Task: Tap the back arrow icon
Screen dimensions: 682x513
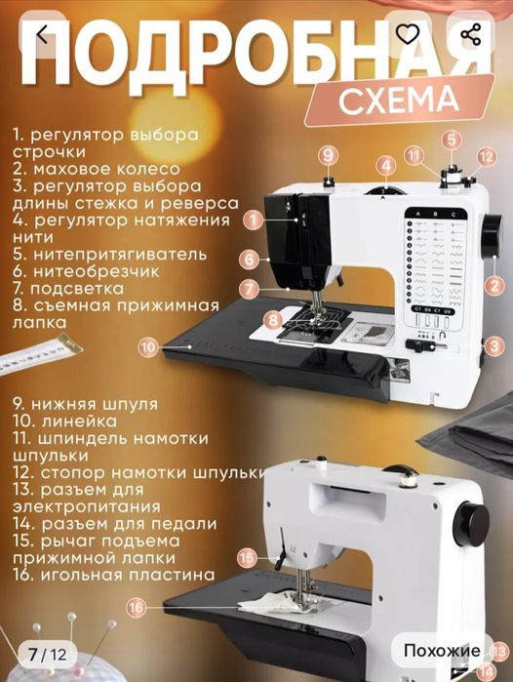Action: coord(41,35)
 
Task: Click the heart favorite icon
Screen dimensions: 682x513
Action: coord(408,35)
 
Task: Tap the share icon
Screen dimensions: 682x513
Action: coord(470,35)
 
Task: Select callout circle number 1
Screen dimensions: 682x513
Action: coord(253,221)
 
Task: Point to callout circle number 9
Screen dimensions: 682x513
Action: coord(328,155)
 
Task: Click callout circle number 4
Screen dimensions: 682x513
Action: coord(387,166)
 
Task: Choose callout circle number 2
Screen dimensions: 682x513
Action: coord(495,286)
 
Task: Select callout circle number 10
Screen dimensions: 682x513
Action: coord(146,345)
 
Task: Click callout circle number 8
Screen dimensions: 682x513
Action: coord(274,318)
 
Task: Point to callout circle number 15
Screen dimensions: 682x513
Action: coord(248,557)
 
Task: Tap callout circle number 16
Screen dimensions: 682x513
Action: coord(135,606)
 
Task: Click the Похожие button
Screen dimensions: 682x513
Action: coord(442,650)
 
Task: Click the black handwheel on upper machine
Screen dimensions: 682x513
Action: coord(493,233)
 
